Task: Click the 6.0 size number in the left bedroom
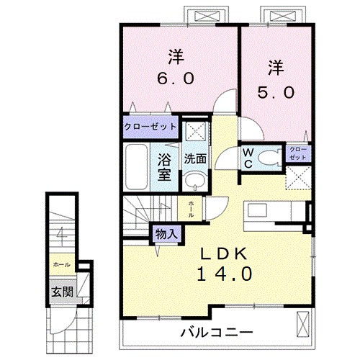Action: [x=175, y=77]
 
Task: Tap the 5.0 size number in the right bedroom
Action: [x=274, y=91]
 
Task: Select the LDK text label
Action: [x=223, y=253]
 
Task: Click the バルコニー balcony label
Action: [x=216, y=333]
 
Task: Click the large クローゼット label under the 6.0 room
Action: [x=150, y=127]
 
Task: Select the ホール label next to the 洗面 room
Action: [x=191, y=209]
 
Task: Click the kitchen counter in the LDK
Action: [x=274, y=210]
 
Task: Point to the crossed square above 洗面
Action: [x=192, y=131]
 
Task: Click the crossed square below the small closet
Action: [x=298, y=176]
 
